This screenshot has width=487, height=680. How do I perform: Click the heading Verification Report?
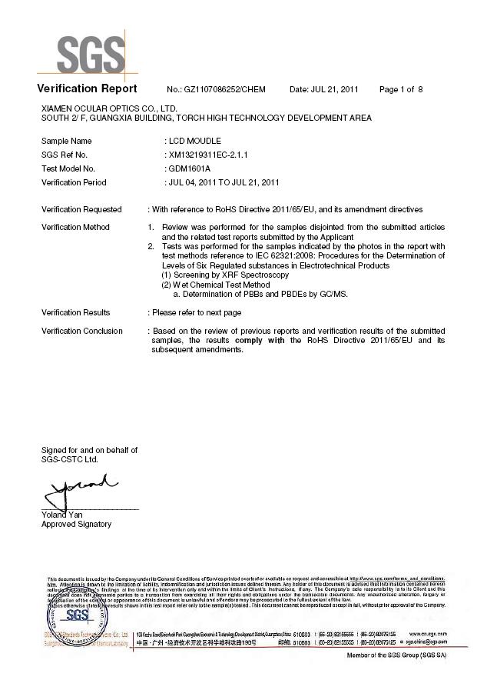(x=87, y=88)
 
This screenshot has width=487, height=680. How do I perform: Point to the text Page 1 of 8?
(x=401, y=90)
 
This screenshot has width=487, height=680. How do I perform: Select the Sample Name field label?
(x=66, y=141)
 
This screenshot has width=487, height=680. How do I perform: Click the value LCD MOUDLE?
(x=195, y=141)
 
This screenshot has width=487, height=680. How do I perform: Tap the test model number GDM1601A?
(x=189, y=168)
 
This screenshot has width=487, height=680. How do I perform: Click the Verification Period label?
(x=74, y=182)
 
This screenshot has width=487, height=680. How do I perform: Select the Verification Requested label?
(x=81, y=209)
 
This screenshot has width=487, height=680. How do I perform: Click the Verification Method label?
(x=75, y=227)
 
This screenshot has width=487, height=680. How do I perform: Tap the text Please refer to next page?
(x=197, y=312)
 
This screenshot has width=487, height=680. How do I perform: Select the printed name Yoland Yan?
(x=61, y=515)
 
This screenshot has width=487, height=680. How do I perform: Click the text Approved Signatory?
(x=76, y=525)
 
